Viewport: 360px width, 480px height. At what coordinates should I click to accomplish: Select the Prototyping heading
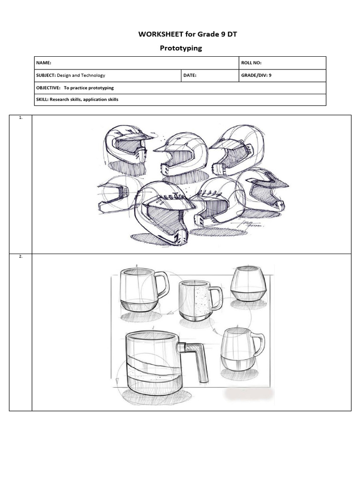[x=180, y=48]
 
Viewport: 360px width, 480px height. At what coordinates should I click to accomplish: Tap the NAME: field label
[x=44, y=63]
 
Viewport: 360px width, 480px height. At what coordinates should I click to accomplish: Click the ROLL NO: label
[x=251, y=63]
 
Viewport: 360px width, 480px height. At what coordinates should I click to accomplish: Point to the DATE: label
[x=190, y=75]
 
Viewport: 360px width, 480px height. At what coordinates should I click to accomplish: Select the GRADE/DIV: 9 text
[x=256, y=75]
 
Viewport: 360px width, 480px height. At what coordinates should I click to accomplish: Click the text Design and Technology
[x=81, y=75]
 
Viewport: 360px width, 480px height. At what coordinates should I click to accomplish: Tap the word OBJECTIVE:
[x=48, y=88]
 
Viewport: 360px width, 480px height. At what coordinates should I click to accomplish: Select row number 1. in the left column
[x=21, y=118]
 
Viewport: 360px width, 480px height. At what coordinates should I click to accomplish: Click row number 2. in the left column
[x=21, y=257]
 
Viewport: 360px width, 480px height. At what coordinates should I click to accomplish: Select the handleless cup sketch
[x=248, y=284]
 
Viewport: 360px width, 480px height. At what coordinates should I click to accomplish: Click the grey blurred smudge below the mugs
[x=248, y=394]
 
